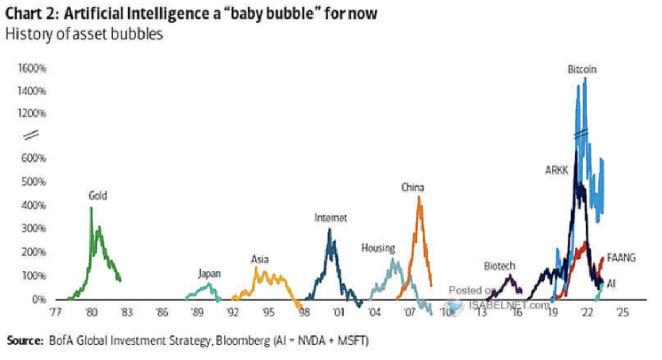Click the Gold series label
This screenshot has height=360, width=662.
coord(98,195)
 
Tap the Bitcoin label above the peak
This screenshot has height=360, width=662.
coord(582,70)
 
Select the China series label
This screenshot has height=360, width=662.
coord(413,188)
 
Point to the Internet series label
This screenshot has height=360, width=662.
coord(330,218)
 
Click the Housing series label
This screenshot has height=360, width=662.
coord(378,248)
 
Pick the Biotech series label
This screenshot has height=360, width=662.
coord(499,266)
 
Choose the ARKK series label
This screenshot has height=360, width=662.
coord(557,170)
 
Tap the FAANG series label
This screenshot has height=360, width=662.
coord(621,258)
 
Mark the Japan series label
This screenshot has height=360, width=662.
coord(209,274)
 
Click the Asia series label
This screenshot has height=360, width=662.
coord(260,260)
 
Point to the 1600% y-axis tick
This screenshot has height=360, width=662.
coord(33,69)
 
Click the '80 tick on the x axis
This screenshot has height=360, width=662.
coord(91,313)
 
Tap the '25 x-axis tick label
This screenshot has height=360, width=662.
coord(622,313)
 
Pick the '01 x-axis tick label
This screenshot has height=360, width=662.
coord(339,313)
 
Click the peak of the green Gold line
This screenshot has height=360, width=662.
coord(91,207)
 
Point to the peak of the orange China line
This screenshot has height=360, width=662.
coord(419,196)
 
